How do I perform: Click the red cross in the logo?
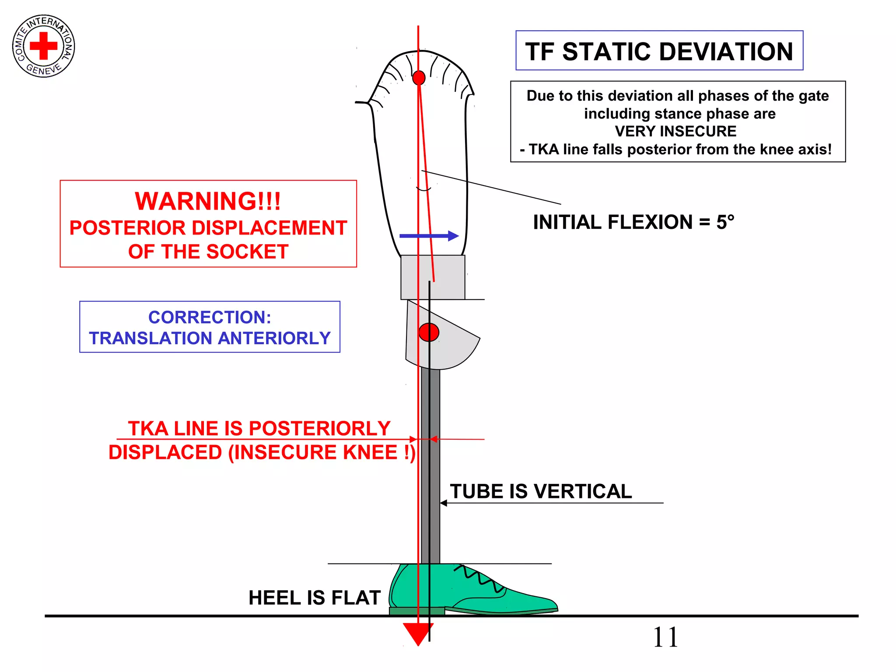[43, 45]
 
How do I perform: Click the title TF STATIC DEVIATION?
[659, 51]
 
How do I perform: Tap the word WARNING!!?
[208, 201]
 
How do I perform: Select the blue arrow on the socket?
[429, 236]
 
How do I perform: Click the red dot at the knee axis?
[429, 332]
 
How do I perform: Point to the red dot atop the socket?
[419, 78]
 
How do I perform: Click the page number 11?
[665, 637]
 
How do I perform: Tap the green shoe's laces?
[479, 577]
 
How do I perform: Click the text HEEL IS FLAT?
[314, 598]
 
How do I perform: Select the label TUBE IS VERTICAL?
[541, 491]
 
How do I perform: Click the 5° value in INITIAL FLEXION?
[725, 222]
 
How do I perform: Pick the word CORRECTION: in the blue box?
[210, 317]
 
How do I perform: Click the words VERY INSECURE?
[675, 131]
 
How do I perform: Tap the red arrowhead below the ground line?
[418, 633]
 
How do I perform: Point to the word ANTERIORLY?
[274, 338]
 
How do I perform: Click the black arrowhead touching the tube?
[444, 503]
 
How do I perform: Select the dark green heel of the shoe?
[416, 611]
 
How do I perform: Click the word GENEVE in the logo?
[44, 69]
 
